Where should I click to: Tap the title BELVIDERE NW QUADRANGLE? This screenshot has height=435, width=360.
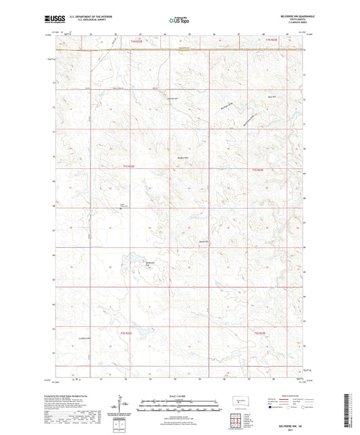click(x=286, y=16)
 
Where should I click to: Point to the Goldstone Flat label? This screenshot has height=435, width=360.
click(x=151, y=263)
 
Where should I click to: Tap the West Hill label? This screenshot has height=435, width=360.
click(x=272, y=97)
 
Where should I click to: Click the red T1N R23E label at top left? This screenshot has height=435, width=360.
click(x=134, y=42)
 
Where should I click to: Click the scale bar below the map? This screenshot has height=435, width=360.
click(x=179, y=405)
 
